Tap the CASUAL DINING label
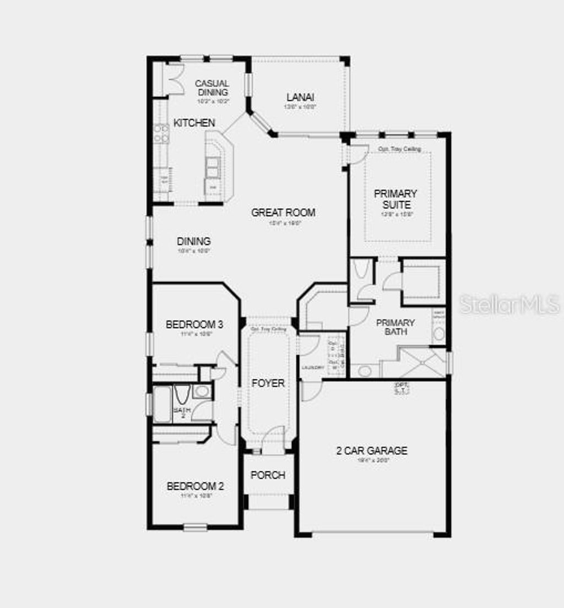(213, 88)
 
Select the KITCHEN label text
(194, 123)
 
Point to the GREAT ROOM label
(283, 212)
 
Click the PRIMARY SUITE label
(395, 199)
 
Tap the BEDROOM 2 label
(195, 486)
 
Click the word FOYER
(268, 383)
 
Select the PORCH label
(268, 475)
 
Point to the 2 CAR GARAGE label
(372, 450)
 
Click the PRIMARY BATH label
(395, 327)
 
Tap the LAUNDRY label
(312, 367)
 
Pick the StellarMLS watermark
(509, 304)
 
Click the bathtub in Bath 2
(162, 404)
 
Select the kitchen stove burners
(161, 133)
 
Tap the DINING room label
(194, 241)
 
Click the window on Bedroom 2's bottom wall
(195, 527)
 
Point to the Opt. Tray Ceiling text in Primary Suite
(399, 149)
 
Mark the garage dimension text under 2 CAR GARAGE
(372, 460)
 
